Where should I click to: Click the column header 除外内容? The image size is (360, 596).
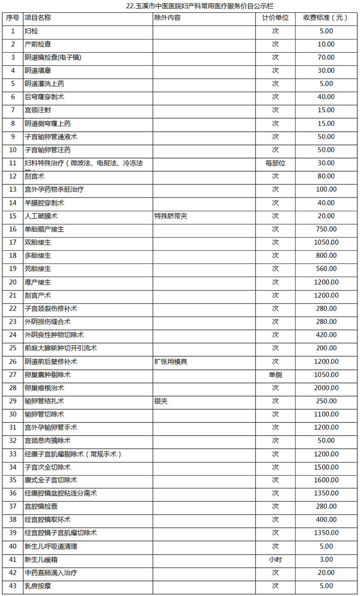(x=168, y=18)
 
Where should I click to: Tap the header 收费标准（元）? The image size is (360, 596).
(x=325, y=18)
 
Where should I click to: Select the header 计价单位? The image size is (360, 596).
(x=275, y=18)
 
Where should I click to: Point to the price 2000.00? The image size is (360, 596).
(x=326, y=388)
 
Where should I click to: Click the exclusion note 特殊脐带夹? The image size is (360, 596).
(x=171, y=216)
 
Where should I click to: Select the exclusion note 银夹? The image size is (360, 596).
(x=161, y=401)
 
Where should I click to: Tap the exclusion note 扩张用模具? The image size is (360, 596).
(x=171, y=362)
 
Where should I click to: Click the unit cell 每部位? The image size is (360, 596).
(x=275, y=163)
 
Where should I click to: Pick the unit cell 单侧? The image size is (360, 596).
(x=275, y=375)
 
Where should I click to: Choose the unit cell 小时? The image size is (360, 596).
(x=275, y=560)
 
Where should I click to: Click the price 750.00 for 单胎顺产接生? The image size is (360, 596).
(x=326, y=229)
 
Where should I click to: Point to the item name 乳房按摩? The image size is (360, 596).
(x=38, y=586)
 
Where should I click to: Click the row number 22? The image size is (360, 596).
(x=13, y=308)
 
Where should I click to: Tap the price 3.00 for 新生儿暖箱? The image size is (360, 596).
(x=326, y=560)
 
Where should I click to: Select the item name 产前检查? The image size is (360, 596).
(x=38, y=44)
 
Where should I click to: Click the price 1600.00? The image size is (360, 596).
(x=326, y=480)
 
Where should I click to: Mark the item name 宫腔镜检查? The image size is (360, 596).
(x=41, y=507)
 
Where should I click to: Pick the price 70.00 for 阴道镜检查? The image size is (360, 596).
(x=326, y=57)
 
